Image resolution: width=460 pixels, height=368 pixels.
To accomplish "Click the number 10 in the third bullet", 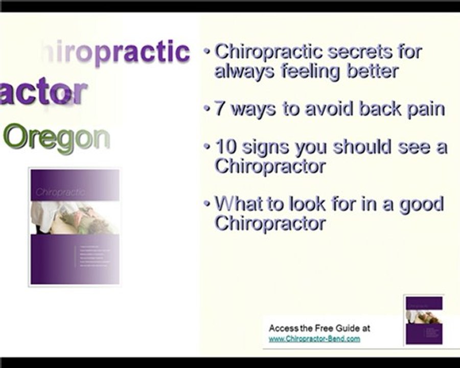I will [x=225, y=148].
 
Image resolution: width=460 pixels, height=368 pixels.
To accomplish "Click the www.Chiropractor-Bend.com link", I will [x=314, y=338].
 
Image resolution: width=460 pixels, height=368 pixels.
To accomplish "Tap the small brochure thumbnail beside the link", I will [x=424, y=319].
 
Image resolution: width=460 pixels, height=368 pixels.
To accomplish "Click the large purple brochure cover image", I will [x=75, y=227].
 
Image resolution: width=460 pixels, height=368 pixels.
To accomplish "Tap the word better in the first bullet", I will [x=373, y=71].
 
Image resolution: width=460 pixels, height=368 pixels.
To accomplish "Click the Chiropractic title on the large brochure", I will [x=60, y=192].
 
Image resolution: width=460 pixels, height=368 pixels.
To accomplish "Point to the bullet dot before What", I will [x=207, y=203].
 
